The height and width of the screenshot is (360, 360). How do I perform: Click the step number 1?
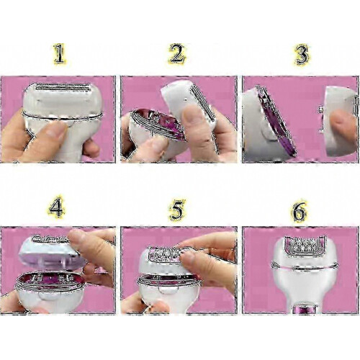[59, 54]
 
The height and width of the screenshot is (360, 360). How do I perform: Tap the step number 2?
[176, 54]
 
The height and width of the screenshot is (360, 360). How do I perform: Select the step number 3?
[302, 54]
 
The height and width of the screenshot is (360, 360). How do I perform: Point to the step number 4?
[56, 207]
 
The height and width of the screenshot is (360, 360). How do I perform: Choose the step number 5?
[177, 210]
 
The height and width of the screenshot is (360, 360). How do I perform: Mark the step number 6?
[300, 211]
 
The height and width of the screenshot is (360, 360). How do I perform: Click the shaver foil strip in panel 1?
[63, 87]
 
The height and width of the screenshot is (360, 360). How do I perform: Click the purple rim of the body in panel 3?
[276, 121]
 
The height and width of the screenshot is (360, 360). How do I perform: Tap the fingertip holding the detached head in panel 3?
[342, 125]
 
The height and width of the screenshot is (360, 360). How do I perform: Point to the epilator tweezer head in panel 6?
[305, 246]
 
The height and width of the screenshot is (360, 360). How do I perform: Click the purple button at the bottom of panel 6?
[305, 309]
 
